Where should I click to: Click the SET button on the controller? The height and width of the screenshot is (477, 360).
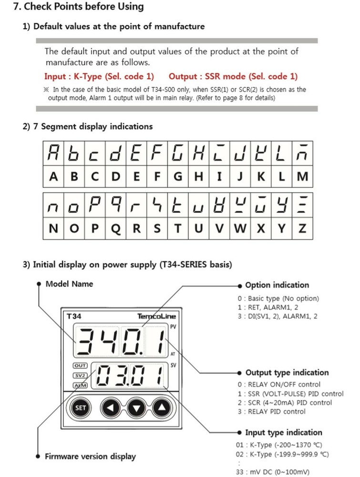[81, 408]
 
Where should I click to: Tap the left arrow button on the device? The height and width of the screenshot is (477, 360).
[111, 408]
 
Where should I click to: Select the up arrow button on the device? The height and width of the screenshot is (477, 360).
[161, 408]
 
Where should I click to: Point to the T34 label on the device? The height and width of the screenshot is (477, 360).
[74, 316]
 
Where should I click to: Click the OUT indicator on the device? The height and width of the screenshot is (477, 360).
[80, 366]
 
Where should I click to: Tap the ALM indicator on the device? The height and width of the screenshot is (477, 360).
[80, 385]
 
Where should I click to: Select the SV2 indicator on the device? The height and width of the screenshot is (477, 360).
[80, 375]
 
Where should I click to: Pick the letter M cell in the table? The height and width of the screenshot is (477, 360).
[303, 176]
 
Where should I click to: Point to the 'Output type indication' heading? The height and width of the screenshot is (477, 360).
[287, 373]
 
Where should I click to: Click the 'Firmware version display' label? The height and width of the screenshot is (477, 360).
[90, 456]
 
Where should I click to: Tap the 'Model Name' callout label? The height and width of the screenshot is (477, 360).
[69, 284]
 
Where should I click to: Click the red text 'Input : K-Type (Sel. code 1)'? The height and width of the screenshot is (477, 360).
[99, 76]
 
